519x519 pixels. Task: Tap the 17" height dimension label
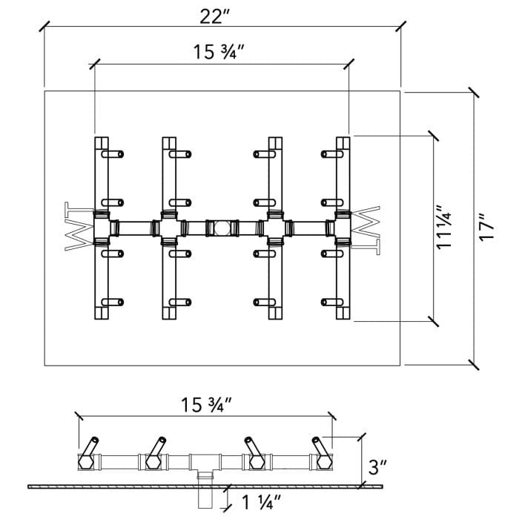coord(486,227)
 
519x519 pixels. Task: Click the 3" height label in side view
coord(378,468)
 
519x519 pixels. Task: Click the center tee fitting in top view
coord(219,227)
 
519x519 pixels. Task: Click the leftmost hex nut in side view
coord(85,463)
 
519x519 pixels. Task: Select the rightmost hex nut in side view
coord(323,463)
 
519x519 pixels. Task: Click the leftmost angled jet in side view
coord(90,447)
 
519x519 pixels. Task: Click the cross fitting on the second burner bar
coord(169,227)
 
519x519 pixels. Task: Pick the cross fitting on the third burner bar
coord(274,227)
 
